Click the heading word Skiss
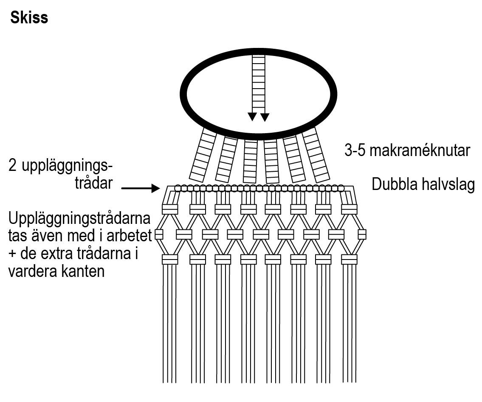point(29,18)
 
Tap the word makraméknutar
point(420,151)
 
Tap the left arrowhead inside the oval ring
point(252,117)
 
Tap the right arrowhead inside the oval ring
point(265,117)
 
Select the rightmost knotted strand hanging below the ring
point(316,155)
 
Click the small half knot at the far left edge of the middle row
point(159,234)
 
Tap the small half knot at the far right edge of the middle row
point(362,234)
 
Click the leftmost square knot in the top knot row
point(170,209)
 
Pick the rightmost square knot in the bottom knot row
point(349,259)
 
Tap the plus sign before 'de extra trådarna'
point(13,254)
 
